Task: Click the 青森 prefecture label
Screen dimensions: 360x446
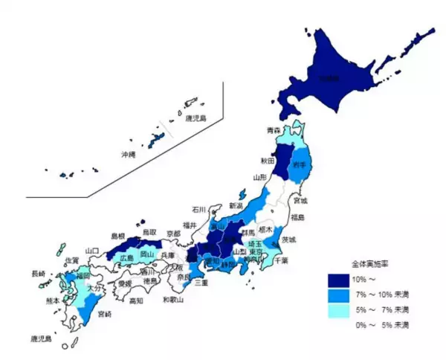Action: pos(274,130)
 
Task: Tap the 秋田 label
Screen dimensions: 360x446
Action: pos(268,161)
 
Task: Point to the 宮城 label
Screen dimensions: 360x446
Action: pos(300,201)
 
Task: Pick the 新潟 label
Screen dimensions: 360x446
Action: pos(236,206)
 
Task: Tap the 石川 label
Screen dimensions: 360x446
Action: pos(198,209)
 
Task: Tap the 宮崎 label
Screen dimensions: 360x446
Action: pos(105,315)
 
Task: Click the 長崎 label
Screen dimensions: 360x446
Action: pos(38,274)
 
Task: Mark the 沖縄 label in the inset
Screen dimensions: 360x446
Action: pos(129,155)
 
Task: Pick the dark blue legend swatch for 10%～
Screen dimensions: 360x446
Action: pos(338,280)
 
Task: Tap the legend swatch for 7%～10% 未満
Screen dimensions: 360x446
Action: pos(338,295)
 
